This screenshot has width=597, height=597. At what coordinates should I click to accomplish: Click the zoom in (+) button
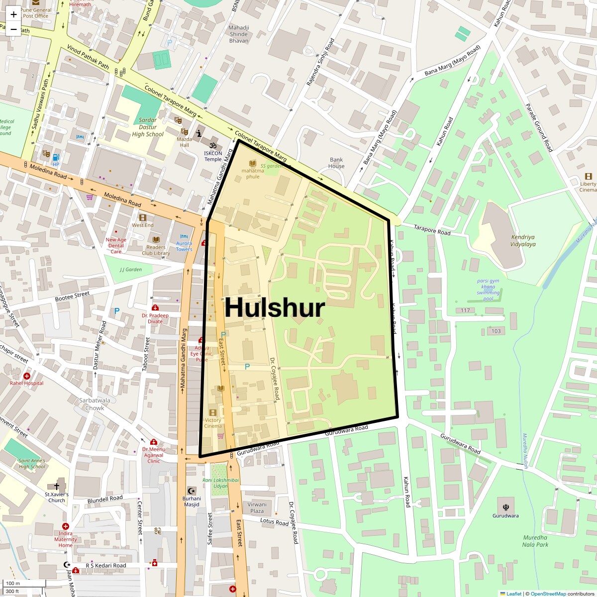(x=13, y=14)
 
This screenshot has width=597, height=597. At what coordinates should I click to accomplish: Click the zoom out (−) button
(x=13, y=29)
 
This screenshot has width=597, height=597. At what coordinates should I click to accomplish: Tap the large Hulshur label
(x=275, y=307)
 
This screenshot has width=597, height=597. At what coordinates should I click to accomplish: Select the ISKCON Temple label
(x=213, y=156)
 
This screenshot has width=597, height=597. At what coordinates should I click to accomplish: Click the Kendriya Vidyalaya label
(x=523, y=241)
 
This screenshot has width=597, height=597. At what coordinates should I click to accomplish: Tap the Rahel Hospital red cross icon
(x=27, y=376)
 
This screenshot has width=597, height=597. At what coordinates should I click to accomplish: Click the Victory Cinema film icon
(x=213, y=412)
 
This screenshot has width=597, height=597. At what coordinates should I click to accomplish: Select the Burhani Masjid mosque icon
(x=192, y=491)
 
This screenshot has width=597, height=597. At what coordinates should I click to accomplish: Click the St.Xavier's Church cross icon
(x=57, y=486)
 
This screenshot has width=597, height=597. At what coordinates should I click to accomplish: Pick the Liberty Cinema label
(x=588, y=187)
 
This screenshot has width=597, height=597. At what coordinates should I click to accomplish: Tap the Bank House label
(x=336, y=163)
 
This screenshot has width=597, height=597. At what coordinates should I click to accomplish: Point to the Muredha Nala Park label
(x=535, y=541)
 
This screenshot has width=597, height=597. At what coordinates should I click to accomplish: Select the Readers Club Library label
(x=156, y=250)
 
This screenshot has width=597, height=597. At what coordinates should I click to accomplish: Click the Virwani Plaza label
(x=257, y=507)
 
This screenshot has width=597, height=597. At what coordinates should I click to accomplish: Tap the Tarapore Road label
(x=432, y=230)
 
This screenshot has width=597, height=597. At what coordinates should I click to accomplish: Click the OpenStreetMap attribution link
(x=549, y=594)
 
